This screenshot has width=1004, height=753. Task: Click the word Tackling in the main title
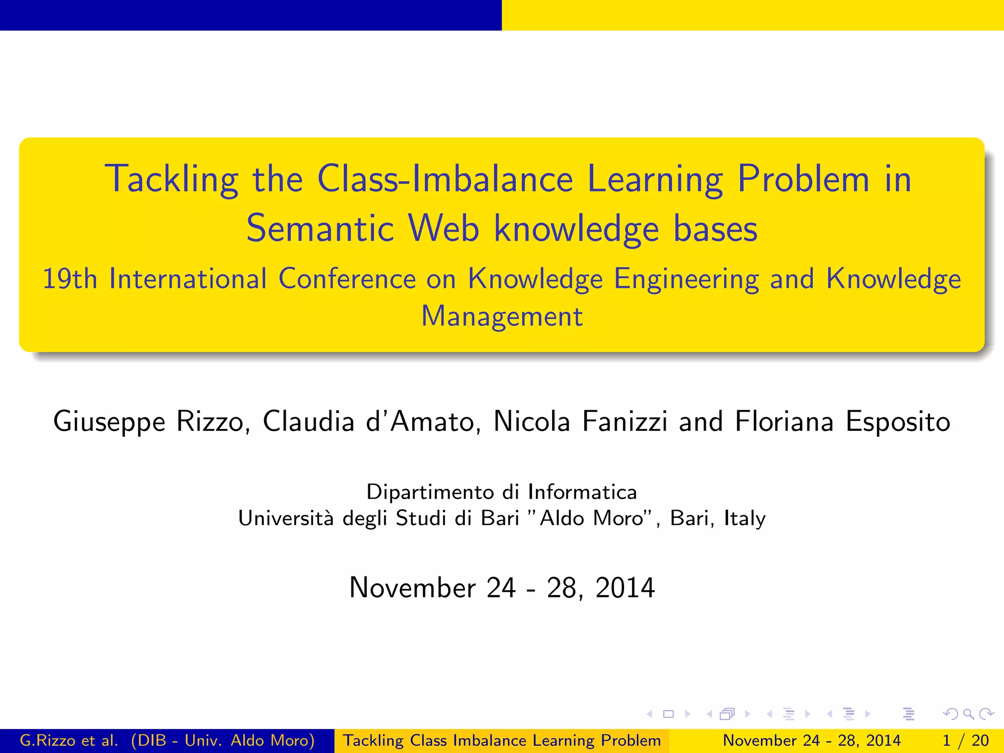pyautogui.click(x=171, y=179)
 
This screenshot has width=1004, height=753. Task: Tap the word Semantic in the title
pyautogui.click(x=320, y=229)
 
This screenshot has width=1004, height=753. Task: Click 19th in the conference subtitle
pyautogui.click(x=70, y=279)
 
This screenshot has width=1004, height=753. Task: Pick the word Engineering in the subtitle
pyautogui.click(x=686, y=279)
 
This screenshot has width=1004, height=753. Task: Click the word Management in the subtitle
pyautogui.click(x=502, y=316)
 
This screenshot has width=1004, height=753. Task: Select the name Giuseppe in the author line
pyautogui.click(x=109, y=422)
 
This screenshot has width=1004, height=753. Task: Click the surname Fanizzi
pyautogui.click(x=624, y=421)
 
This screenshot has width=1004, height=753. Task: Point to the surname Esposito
pyautogui.click(x=898, y=422)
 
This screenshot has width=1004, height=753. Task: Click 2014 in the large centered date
pyautogui.click(x=625, y=587)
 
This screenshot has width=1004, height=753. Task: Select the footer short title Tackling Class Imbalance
pyautogui.click(x=502, y=740)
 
